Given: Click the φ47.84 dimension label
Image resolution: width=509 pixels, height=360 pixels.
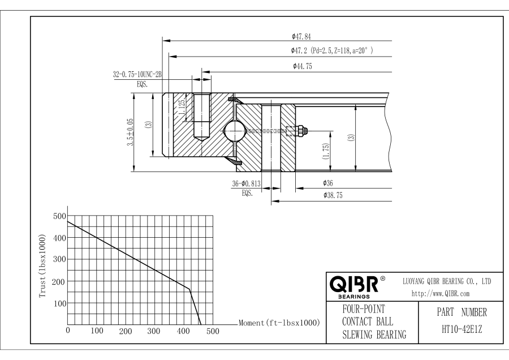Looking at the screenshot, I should click(301, 37).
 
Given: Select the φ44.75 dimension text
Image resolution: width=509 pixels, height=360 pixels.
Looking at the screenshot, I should click(303, 67).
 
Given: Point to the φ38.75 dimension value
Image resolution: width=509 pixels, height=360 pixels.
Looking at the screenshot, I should click(334, 195).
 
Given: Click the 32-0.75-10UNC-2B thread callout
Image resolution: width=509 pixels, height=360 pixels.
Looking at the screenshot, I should click(137, 74).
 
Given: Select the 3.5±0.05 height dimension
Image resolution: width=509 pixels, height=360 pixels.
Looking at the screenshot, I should click(130, 131).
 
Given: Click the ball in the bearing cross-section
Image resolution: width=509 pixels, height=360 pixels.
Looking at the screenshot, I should click(235, 131).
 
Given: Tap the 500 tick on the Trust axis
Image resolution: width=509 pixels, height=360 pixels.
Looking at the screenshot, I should click(59, 216).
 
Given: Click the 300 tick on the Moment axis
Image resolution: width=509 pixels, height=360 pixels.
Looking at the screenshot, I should click(154, 331).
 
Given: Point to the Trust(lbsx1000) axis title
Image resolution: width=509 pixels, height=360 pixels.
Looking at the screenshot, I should click(42, 267).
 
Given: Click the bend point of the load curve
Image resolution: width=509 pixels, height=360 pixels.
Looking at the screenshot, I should click(189, 290).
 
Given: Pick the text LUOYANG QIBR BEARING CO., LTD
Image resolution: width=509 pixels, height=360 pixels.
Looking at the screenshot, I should click(446, 281).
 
